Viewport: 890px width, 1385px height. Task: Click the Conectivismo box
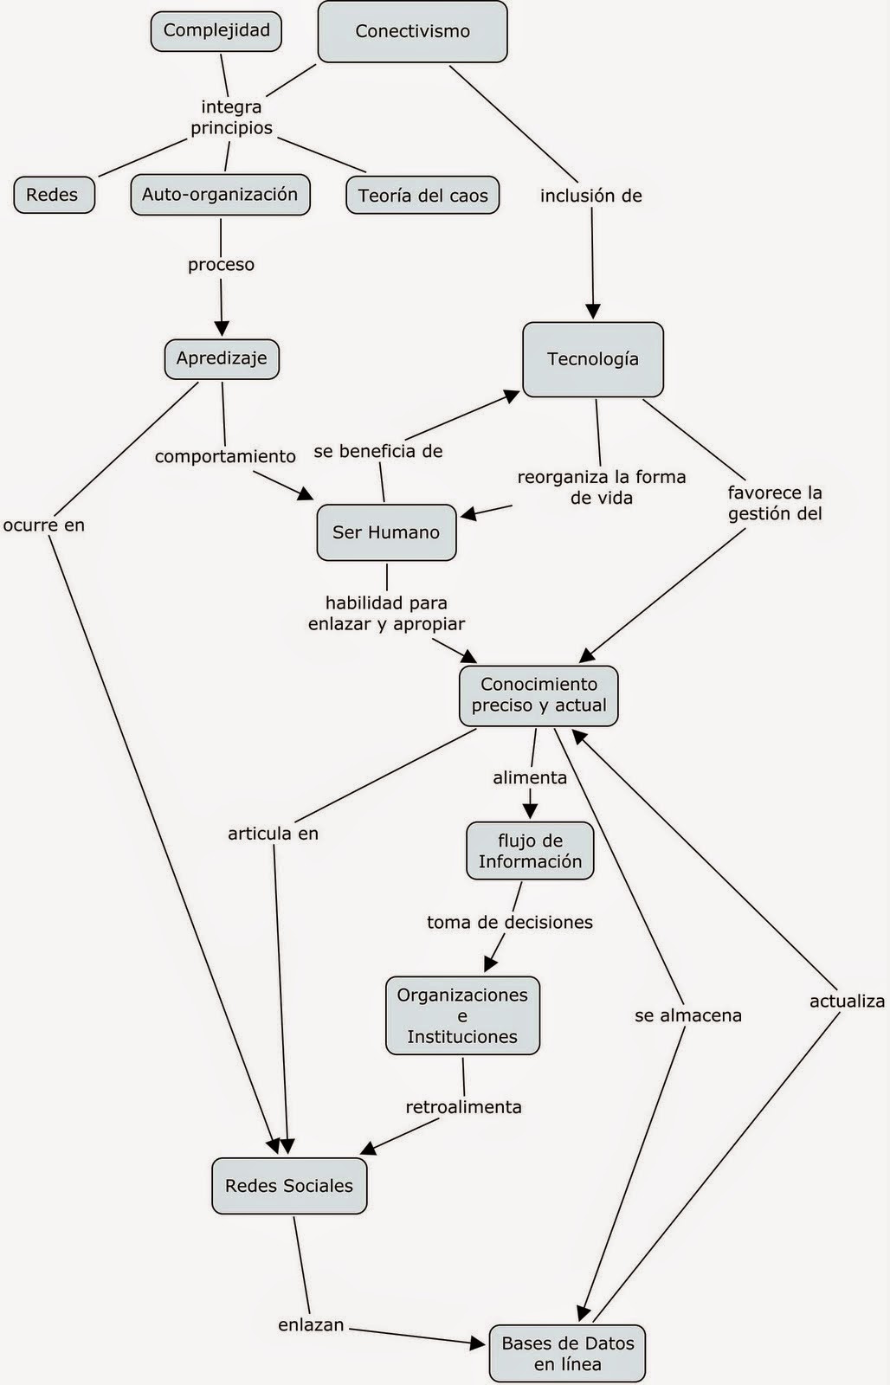point(412,31)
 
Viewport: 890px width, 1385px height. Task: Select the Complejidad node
point(216,30)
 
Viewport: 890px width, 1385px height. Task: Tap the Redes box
point(53,195)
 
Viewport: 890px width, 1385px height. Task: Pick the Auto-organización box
point(220,195)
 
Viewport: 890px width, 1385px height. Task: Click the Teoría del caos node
point(422,196)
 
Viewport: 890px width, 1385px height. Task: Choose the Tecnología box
point(592,359)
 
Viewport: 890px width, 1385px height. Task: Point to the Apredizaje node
point(222,358)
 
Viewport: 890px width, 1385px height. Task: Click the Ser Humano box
point(386,532)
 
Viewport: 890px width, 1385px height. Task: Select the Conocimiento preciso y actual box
point(539,695)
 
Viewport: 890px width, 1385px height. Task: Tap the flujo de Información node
point(530,851)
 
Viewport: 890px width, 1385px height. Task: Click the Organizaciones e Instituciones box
point(462,1015)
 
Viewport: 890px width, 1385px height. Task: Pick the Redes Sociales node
point(288,1186)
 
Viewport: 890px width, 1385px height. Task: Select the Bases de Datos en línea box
point(567,1354)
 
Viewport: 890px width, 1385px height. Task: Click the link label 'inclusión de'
point(590,196)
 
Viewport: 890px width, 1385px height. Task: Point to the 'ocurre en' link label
point(44,525)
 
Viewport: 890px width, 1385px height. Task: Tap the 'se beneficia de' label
point(378,451)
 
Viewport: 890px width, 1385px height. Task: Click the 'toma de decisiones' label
point(509,923)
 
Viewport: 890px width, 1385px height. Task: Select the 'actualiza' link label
point(846,1002)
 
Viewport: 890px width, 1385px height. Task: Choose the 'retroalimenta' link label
point(463,1107)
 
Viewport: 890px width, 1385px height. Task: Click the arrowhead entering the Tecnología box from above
point(593,312)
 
